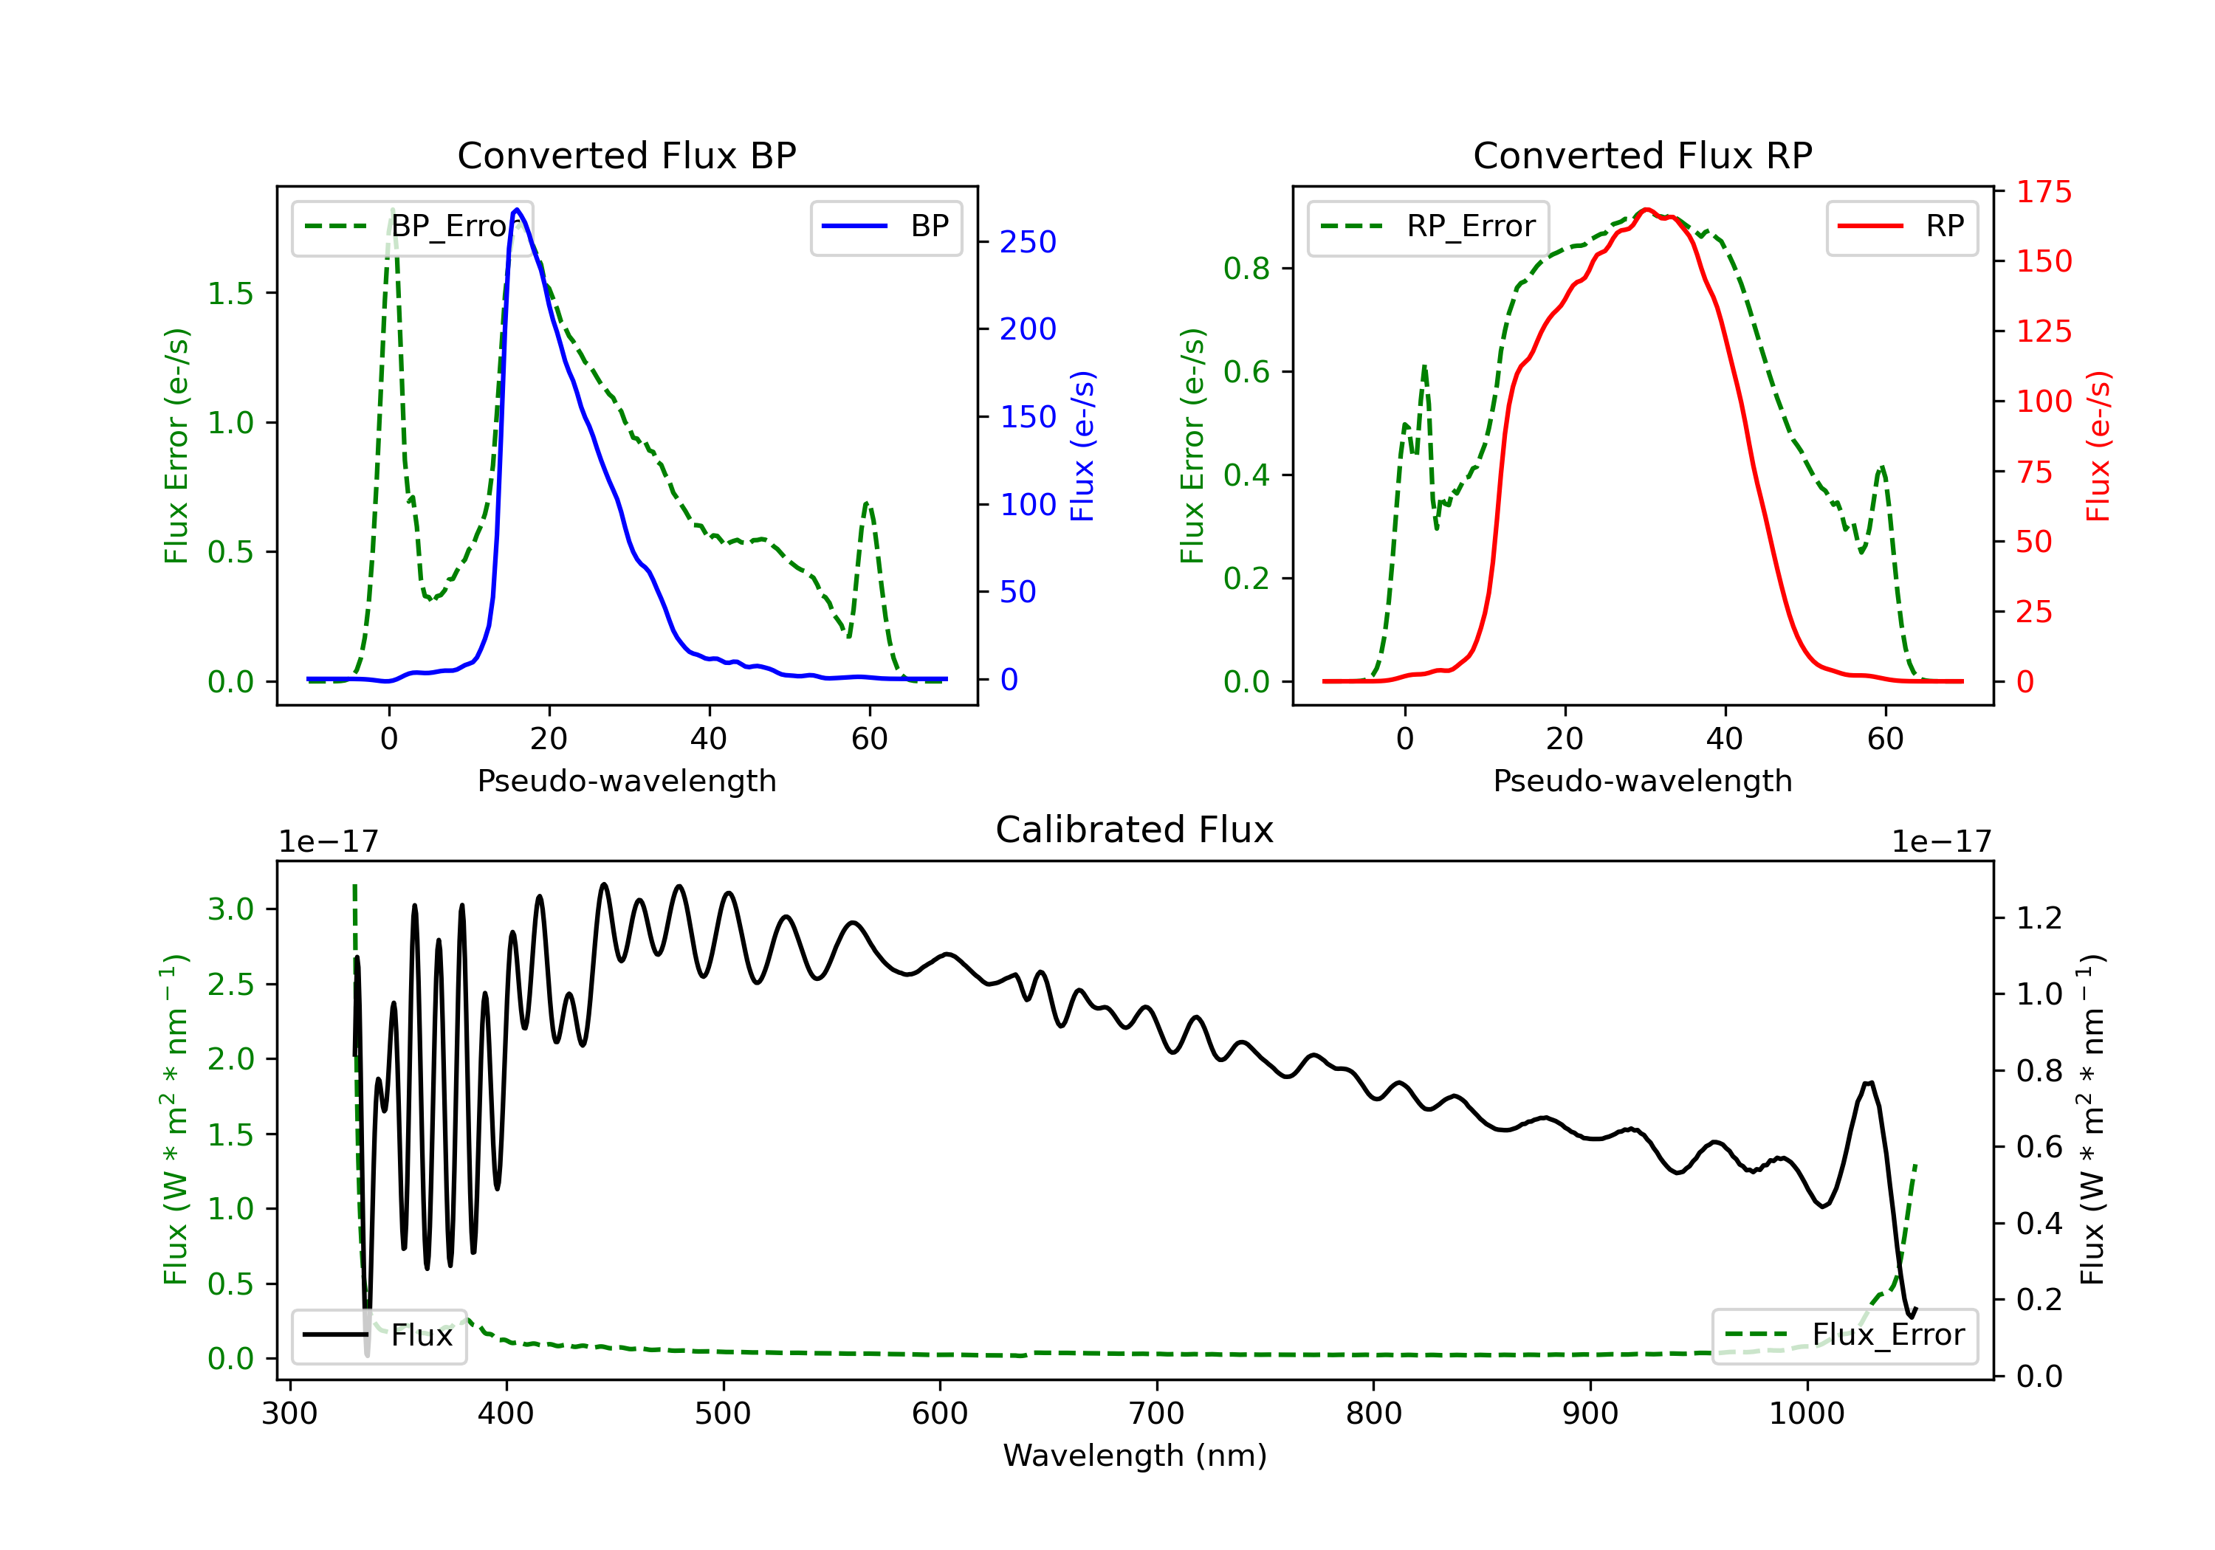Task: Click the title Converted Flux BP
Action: point(626,155)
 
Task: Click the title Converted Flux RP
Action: point(1642,155)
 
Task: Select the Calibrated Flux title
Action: point(1135,830)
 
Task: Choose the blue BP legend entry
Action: point(885,227)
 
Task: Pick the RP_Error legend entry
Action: point(1428,227)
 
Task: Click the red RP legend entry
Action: point(1901,227)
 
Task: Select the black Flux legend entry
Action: point(378,1335)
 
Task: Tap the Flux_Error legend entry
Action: point(1844,1335)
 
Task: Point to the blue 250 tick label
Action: point(1028,242)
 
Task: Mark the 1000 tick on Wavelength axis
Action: point(1806,1413)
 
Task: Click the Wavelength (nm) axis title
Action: point(1135,1456)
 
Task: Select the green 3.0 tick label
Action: point(230,909)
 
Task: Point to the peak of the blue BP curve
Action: point(517,210)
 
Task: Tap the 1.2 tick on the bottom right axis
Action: point(2039,917)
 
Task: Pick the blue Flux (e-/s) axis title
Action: point(1082,447)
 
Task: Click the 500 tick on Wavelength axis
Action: point(723,1413)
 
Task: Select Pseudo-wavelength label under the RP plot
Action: point(1642,780)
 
